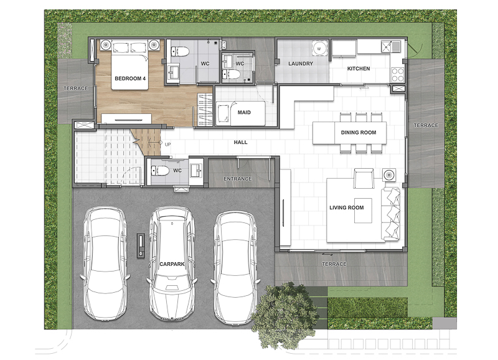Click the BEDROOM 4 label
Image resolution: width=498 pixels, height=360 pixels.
(x=130, y=78)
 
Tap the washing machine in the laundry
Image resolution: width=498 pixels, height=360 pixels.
(x=319, y=49)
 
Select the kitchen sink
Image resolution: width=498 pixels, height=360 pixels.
(x=391, y=47)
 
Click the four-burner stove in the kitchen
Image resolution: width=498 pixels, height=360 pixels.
(x=397, y=75)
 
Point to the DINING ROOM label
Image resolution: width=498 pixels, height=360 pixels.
(x=359, y=133)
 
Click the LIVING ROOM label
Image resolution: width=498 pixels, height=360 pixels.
(x=347, y=207)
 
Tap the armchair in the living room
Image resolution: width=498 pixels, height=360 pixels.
(x=364, y=179)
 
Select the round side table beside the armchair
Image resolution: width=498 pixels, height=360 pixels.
(x=389, y=175)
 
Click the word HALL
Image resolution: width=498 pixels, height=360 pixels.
(x=240, y=143)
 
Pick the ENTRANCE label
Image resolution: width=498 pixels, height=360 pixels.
(x=238, y=179)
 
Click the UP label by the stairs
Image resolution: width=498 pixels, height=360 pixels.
(x=167, y=144)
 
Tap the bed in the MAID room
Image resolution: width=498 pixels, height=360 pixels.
(x=240, y=113)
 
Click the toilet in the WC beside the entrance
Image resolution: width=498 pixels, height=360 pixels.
(x=160, y=171)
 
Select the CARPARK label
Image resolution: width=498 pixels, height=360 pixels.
(x=172, y=264)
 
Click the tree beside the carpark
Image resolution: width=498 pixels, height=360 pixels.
(x=284, y=315)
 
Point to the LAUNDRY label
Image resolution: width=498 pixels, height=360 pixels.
(x=301, y=64)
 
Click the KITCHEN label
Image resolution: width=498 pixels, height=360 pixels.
(x=359, y=69)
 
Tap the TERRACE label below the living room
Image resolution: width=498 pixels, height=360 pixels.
(x=334, y=264)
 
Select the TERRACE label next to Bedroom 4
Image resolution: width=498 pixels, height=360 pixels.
(x=75, y=88)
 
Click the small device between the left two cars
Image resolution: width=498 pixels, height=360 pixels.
(x=141, y=245)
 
